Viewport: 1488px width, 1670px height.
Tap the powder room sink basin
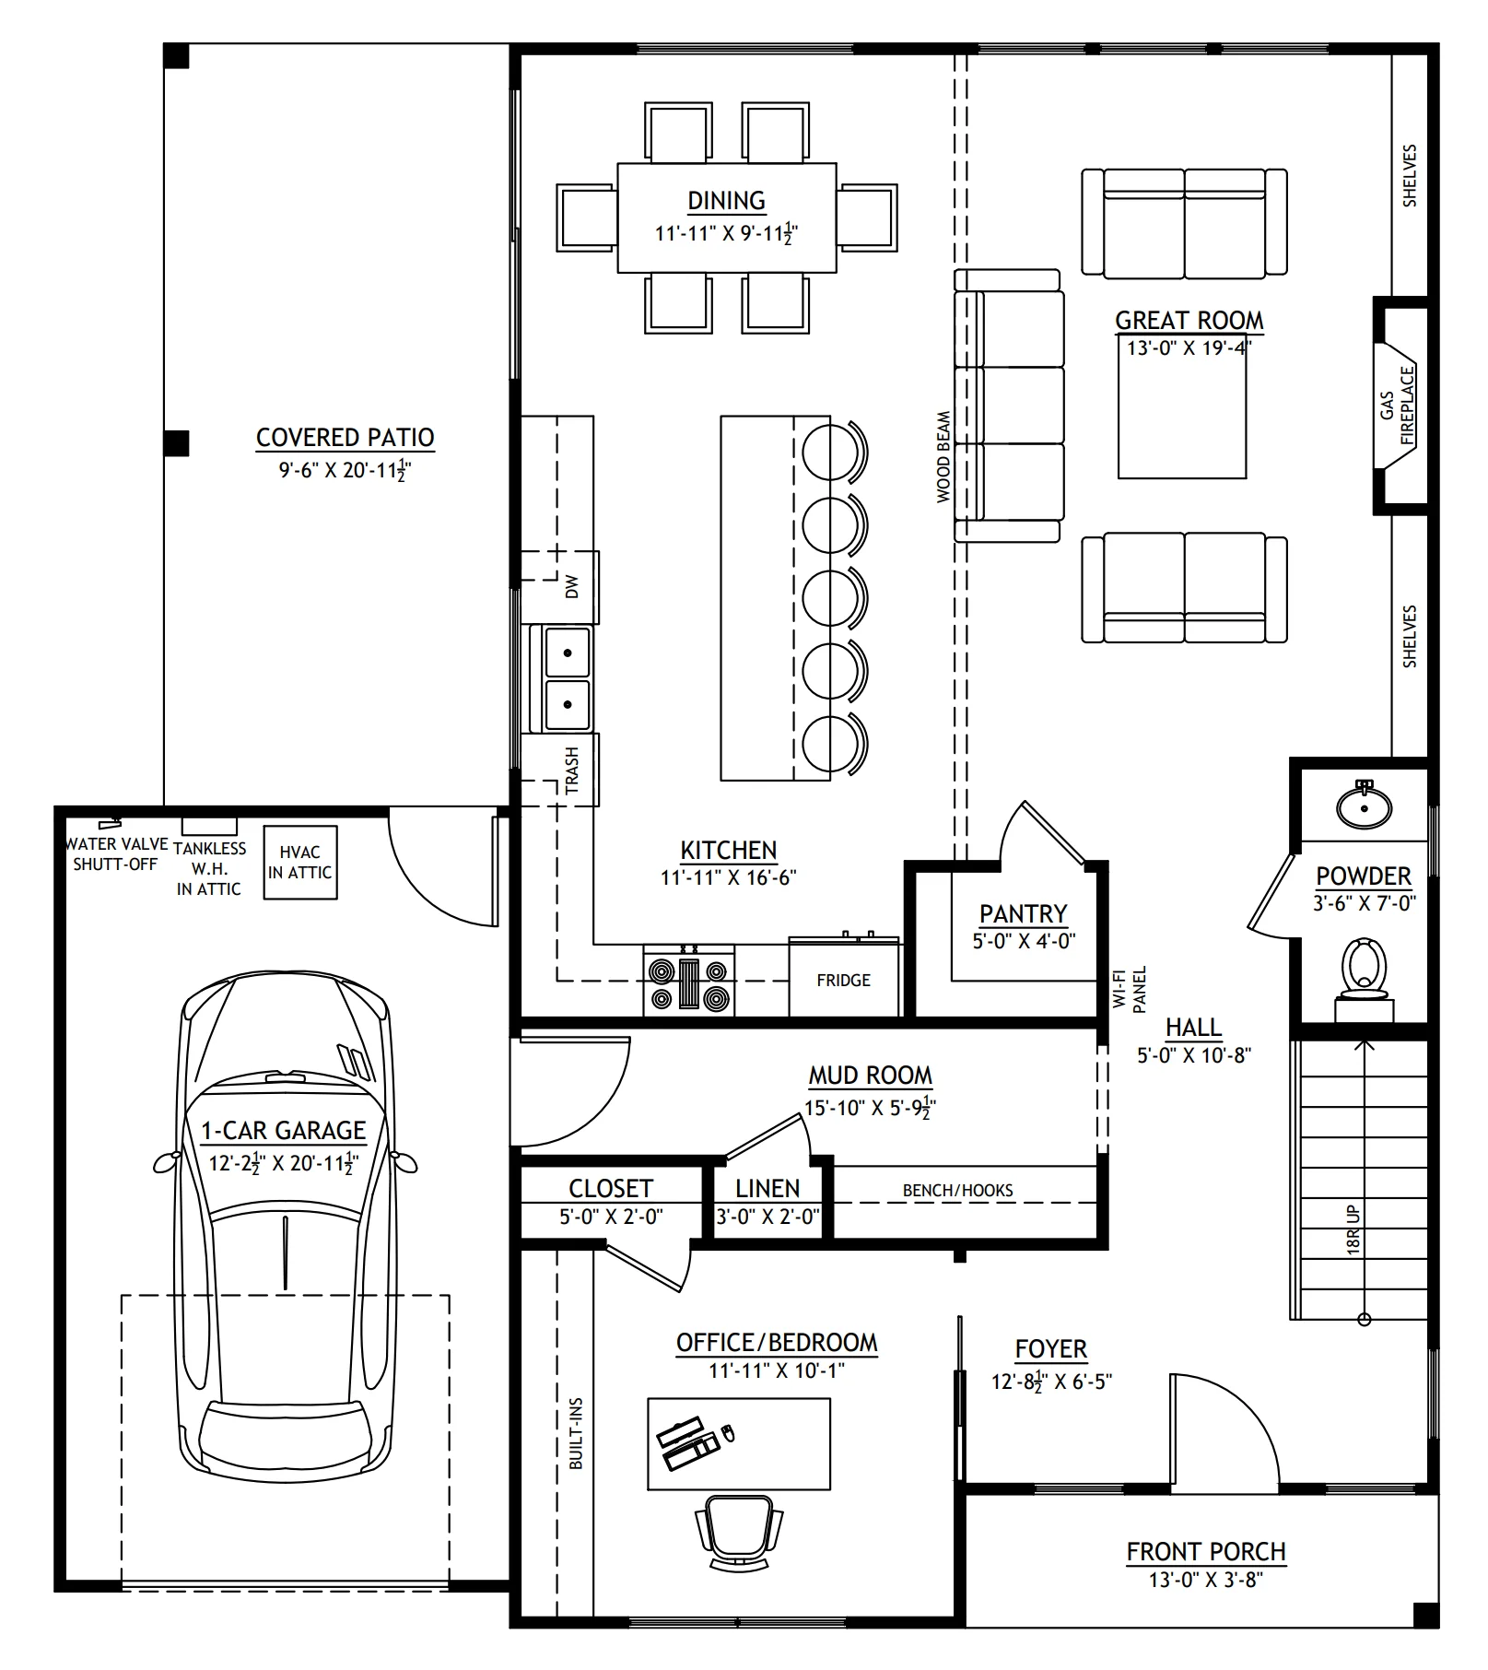pos(1365,806)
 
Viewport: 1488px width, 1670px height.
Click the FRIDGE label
pos(843,981)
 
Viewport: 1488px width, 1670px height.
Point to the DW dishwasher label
pos(572,586)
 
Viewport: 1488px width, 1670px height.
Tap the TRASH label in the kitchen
pos(572,770)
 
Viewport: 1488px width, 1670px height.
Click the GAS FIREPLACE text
pos(1397,406)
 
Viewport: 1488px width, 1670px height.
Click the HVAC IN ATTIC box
pos(300,862)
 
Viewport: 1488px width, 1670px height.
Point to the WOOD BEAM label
pos(943,456)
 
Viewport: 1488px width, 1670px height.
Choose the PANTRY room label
pos(1023,914)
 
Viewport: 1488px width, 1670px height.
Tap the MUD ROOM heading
pos(871,1076)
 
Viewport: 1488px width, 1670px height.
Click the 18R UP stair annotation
pos(1353,1229)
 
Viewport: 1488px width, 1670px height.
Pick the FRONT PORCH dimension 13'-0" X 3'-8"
pos(1205,1581)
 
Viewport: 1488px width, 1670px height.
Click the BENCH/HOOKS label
pos(957,1190)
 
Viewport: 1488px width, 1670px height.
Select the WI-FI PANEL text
pos(1130,989)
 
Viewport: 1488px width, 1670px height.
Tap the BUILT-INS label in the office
pos(576,1433)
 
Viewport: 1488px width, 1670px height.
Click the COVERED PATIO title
pos(345,437)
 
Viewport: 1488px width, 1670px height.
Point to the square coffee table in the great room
pos(1182,413)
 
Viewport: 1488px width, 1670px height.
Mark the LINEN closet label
pos(767,1189)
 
